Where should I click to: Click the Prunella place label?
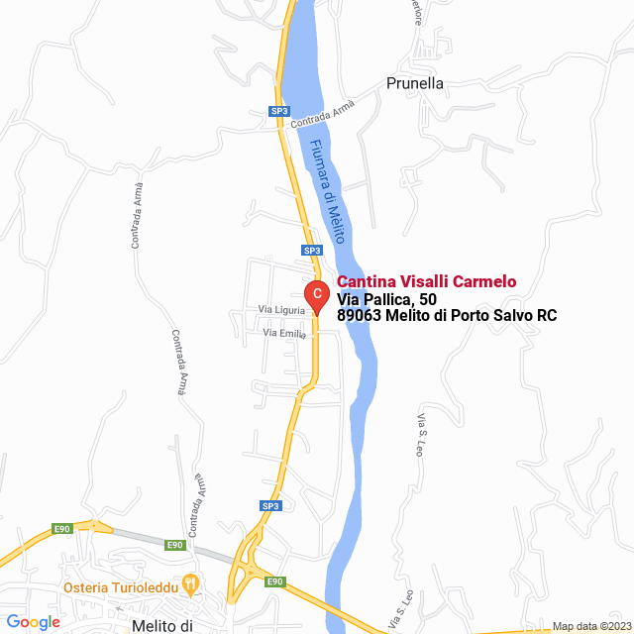pyautogui.click(x=415, y=83)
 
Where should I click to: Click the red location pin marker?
pyautogui.click(x=315, y=295)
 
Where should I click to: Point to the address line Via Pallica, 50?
pyautogui.click(x=386, y=299)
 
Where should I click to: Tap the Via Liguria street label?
pyautogui.click(x=281, y=310)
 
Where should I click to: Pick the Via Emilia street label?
pyautogui.click(x=284, y=334)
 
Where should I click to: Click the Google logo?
pyautogui.click(x=33, y=622)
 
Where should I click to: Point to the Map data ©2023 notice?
pyautogui.click(x=590, y=626)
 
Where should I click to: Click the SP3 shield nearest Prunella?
pyautogui.click(x=279, y=112)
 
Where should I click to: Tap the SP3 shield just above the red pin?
pyautogui.click(x=311, y=251)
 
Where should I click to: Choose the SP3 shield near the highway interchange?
pyautogui.click(x=270, y=505)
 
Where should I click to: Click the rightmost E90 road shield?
pyautogui.click(x=275, y=581)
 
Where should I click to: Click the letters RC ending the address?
pyautogui.click(x=546, y=316)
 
